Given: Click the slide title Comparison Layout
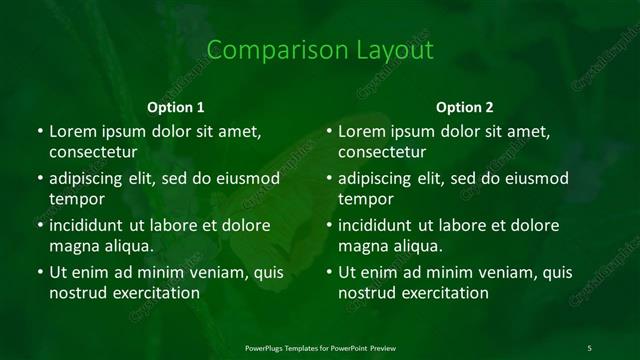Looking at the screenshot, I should pyautogui.click(x=320, y=50).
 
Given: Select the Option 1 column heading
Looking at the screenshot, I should pyautogui.click(x=176, y=106).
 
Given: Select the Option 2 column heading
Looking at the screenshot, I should pyautogui.click(x=465, y=106).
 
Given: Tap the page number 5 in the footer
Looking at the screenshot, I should pyautogui.click(x=589, y=347).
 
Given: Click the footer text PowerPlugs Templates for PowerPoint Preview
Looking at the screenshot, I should pyautogui.click(x=320, y=347).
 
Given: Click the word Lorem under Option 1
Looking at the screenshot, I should pyautogui.click(x=73, y=131).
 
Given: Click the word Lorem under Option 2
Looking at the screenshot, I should pyautogui.click(x=362, y=131).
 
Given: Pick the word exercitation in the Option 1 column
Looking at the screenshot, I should pyautogui.click(x=153, y=293).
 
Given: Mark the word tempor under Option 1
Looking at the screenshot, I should pyautogui.click(x=75, y=199).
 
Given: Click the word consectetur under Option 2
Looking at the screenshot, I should pyautogui.click(x=382, y=152).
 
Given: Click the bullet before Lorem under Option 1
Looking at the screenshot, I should pyautogui.click(x=39, y=132).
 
